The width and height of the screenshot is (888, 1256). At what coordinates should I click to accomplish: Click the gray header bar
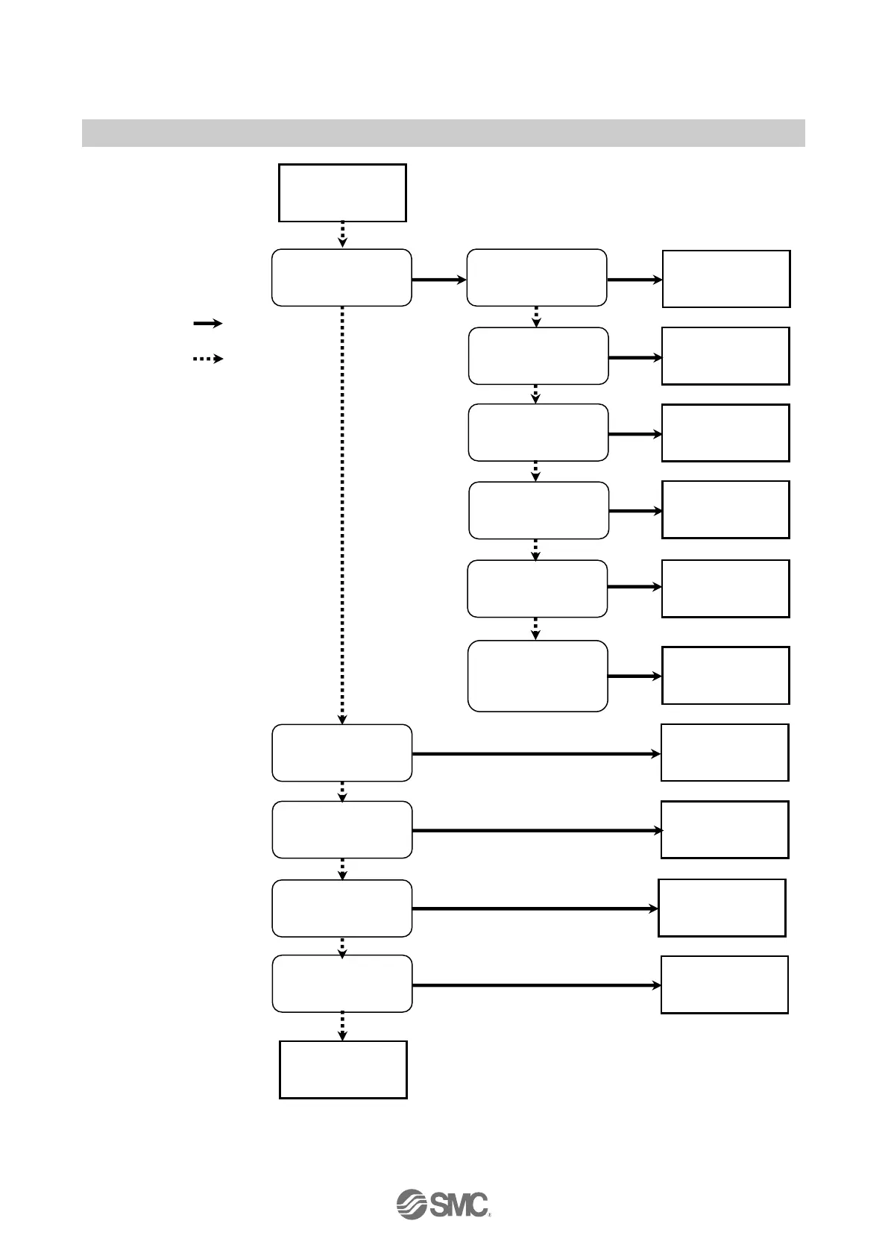point(443,133)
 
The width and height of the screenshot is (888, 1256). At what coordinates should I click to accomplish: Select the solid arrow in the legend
point(208,323)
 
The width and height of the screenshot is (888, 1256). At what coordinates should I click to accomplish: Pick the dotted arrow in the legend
point(208,359)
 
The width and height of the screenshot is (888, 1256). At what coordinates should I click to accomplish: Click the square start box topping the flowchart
point(342,193)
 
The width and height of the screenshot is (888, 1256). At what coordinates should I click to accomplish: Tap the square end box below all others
point(343,1070)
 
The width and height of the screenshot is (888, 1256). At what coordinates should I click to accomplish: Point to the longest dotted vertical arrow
point(342,515)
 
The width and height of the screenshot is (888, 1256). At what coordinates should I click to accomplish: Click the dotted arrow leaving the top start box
point(342,234)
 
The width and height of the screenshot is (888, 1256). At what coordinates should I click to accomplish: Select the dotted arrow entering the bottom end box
point(342,1026)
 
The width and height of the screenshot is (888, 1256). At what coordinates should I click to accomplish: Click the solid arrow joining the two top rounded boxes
point(438,280)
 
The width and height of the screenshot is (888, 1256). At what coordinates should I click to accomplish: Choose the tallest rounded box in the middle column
point(538,676)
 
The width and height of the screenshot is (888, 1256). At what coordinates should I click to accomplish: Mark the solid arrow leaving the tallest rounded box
point(634,676)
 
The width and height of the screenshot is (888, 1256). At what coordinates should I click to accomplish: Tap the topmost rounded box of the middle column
point(537,277)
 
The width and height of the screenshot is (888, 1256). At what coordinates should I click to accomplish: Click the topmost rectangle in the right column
point(726,279)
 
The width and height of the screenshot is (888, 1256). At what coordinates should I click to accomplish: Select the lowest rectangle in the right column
point(725,985)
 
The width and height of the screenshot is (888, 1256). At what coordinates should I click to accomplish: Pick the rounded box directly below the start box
point(341,277)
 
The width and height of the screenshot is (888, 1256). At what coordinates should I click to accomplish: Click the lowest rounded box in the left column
point(342,984)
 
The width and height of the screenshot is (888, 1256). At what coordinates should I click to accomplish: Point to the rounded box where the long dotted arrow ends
point(342,753)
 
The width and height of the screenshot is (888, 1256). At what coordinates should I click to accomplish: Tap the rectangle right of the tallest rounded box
point(725,676)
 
